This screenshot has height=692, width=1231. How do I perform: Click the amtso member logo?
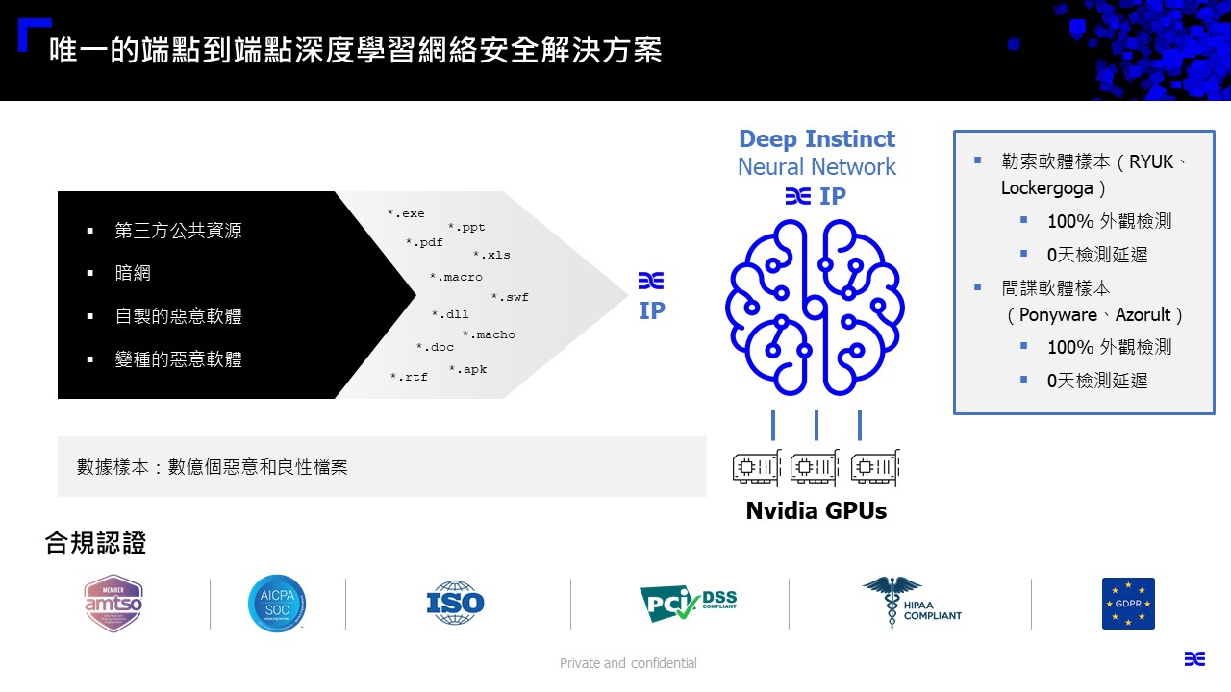pyautogui.click(x=113, y=604)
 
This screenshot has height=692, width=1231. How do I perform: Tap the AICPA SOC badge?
pyautogui.click(x=277, y=604)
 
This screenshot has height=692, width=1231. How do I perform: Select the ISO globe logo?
pyautogui.click(x=455, y=604)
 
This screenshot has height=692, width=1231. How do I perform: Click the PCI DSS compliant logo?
pyautogui.click(x=688, y=604)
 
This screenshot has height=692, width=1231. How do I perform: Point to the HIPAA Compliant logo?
pyautogui.click(x=911, y=604)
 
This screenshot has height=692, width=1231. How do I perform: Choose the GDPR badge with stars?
pyautogui.click(x=1128, y=604)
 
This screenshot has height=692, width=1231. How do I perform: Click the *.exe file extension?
pyautogui.click(x=406, y=214)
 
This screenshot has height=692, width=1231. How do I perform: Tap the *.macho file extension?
pyautogui.click(x=489, y=335)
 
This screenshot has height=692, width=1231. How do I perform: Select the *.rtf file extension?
pyautogui.click(x=409, y=378)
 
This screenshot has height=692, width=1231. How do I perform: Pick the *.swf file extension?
pyautogui.click(x=510, y=298)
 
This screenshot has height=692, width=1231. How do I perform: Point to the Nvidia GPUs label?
pyautogui.click(x=816, y=511)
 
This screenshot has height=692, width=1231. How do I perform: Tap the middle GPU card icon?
pyautogui.click(x=815, y=468)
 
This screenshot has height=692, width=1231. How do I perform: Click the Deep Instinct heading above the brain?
pyautogui.click(x=816, y=139)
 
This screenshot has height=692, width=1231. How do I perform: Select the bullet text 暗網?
pyautogui.click(x=133, y=274)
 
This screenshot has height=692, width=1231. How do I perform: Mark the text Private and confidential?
pyautogui.click(x=628, y=663)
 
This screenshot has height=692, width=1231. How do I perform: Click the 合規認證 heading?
pyautogui.click(x=95, y=543)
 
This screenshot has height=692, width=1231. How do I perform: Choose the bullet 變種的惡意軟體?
pyautogui.click(x=178, y=360)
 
